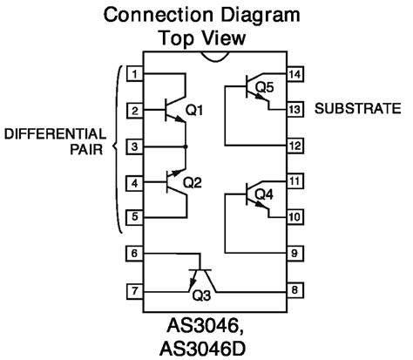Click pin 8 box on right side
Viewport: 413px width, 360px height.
click(x=296, y=289)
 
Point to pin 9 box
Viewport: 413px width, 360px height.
click(x=296, y=253)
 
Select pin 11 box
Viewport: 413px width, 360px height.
click(x=296, y=181)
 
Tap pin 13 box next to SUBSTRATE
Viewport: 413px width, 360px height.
click(x=296, y=110)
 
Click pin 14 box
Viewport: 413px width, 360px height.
click(x=296, y=74)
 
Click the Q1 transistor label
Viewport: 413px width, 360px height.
click(x=193, y=111)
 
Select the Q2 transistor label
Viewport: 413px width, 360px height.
click(x=193, y=183)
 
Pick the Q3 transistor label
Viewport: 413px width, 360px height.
click(x=201, y=295)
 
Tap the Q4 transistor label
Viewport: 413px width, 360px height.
click(x=264, y=194)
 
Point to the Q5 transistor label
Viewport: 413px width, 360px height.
click(x=264, y=87)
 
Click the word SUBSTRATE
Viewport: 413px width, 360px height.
click(x=358, y=110)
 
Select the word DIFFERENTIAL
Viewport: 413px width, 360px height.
click(x=56, y=134)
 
